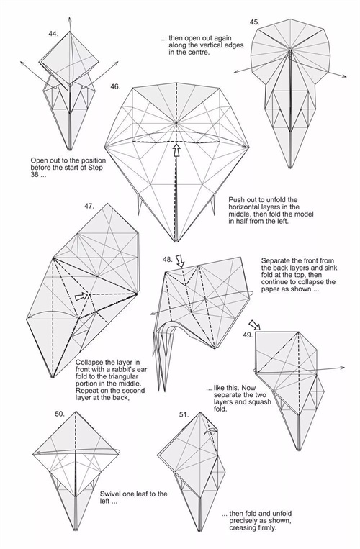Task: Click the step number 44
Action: (53, 34)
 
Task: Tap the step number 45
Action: (255, 22)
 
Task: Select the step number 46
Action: (115, 86)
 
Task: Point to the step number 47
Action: (89, 206)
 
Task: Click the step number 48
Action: (167, 260)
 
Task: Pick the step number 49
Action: (248, 335)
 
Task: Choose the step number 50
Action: (60, 414)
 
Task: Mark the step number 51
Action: (184, 415)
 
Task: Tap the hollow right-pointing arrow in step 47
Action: (81, 296)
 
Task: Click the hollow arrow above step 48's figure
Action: (180, 261)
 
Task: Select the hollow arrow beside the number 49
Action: (255, 325)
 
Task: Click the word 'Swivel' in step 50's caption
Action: (109, 494)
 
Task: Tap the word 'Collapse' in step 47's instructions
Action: (89, 363)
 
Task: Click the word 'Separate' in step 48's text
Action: (275, 260)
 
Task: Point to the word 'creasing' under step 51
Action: (243, 527)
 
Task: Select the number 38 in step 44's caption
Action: (35, 174)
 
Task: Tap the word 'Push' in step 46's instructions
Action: (235, 200)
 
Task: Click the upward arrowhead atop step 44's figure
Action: (70, 19)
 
